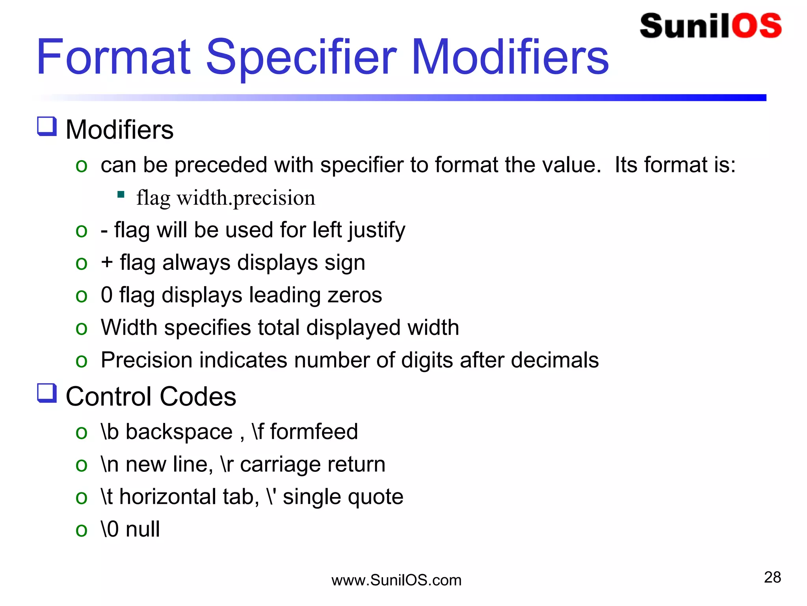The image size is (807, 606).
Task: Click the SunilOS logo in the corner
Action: click(x=710, y=26)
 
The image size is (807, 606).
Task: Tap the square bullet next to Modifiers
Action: click(x=47, y=127)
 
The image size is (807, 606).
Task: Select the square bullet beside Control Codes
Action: click(x=47, y=393)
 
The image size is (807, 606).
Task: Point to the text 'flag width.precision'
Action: click(x=226, y=198)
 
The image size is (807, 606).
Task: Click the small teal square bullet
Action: click(x=121, y=194)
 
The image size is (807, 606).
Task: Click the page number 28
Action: click(x=772, y=577)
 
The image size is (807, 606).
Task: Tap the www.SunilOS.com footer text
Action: click(x=396, y=580)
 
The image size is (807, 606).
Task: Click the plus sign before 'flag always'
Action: click(x=107, y=262)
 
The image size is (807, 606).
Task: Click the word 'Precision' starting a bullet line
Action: click(x=146, y=360)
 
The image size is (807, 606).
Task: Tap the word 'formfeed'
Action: click(x=314, y=432)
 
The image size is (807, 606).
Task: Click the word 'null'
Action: click(x=143, y=529)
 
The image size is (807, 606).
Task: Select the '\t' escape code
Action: click(x=107, y=496)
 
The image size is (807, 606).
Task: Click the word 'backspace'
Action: click(x=179, y=432)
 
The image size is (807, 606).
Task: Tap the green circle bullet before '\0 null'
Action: click(x=82, y=530)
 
